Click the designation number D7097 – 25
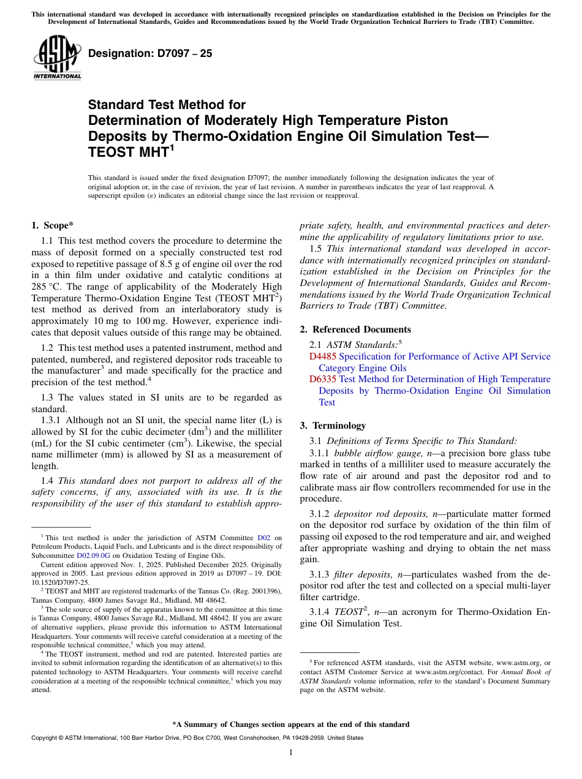pyautogui.click(x=150, y=53)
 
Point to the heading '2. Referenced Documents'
pyautogui.click(x=355, y=329)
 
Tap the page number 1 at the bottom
pyautogui.click(x=290, y=752)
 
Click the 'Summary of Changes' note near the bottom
pyautogui.click(x=290, y=724)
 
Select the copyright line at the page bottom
pyautogui.click(x=197, y=738)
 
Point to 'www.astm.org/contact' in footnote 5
pyautogui.click(x=447, y=672)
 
